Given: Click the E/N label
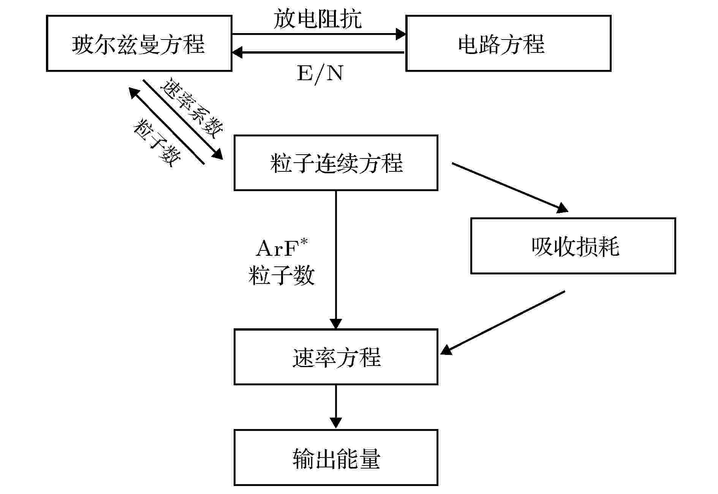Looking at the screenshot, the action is pos(320,73).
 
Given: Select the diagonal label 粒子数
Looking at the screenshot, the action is pos(157,143).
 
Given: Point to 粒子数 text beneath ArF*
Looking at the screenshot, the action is pos(282,275).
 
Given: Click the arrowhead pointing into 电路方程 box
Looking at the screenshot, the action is pos(401,34).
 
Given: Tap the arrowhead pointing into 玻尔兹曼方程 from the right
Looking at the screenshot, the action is pos(237,52).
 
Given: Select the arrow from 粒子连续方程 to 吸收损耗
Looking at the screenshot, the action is pos(510,187).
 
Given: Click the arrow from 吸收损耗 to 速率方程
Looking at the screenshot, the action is pos(503,323).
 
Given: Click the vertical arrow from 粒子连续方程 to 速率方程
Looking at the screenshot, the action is pos(336,260).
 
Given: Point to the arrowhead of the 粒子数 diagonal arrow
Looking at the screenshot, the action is pos(134,92).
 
